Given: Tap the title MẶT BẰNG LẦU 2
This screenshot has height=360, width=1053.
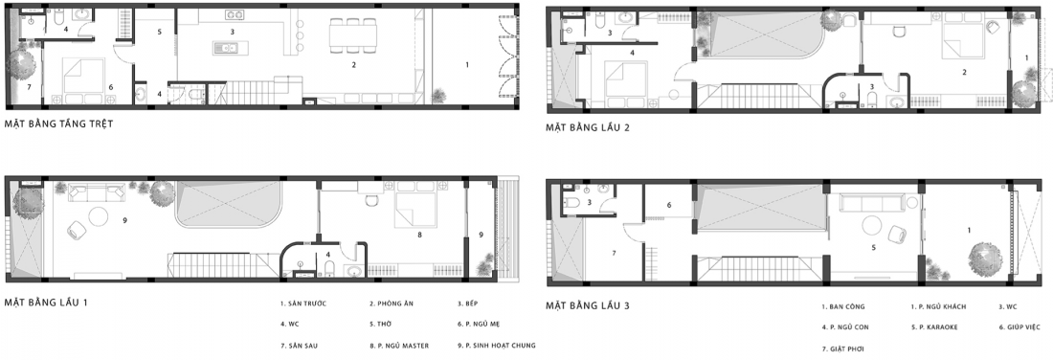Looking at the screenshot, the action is (x=588, y=126).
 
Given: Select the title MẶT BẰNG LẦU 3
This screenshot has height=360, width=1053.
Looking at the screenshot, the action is (x=588, y=305).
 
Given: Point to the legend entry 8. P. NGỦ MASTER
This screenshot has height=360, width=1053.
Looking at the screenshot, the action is (x=399, y=346).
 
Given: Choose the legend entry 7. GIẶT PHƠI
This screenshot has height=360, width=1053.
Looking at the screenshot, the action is (x=842, y=349).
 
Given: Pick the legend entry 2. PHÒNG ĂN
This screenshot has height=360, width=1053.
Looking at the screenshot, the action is (x=391, y=304).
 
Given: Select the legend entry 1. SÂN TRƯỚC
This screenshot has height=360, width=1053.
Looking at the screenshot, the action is (x=303, y=304).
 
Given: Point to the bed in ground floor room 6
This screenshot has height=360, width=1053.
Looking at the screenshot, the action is (x=84, y=76).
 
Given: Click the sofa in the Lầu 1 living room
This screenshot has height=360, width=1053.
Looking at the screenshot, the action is (x=96, y=192).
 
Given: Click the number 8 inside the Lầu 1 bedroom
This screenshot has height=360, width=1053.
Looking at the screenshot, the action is (x=419, y=236).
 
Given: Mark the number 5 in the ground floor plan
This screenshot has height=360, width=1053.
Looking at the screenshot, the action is (x=160, y=31).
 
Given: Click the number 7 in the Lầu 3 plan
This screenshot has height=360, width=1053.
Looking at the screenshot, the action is (x=613, y=253).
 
